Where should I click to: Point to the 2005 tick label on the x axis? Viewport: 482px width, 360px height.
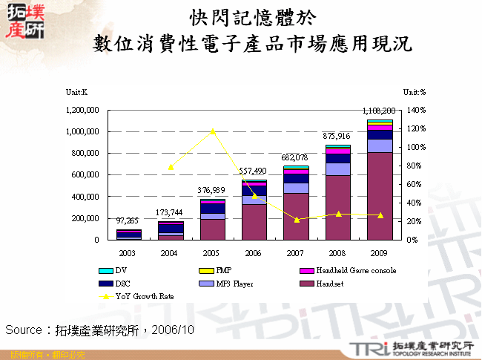coord(213,252)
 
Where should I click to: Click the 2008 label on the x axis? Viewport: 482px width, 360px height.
coord(337,252)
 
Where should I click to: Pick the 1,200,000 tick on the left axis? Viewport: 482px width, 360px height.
coord(82,110)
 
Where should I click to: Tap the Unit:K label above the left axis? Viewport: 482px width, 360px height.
coord(77,91)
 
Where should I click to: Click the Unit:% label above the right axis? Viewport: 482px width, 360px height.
coord(415,91)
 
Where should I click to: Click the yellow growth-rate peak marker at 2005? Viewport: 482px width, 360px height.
coord(213,131)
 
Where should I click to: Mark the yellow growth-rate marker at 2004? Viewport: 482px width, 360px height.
coord(171,167)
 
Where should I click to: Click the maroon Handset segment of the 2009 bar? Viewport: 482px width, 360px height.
coord(380,196)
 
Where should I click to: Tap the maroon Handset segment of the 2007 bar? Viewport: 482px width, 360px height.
coord(296,216)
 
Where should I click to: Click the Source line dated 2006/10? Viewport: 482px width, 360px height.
coord(100,329)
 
